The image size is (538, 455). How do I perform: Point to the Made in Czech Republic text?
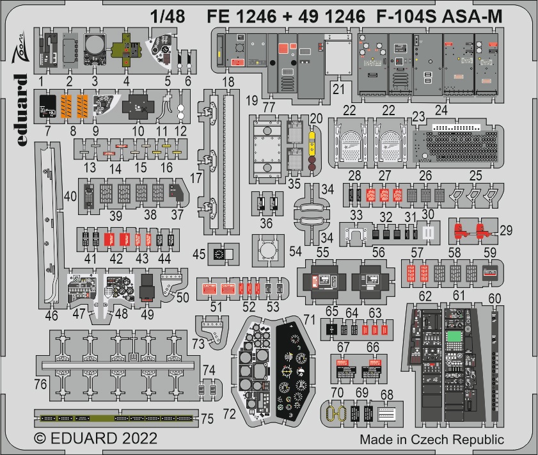(x=431, y=440)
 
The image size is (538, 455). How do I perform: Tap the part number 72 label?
(x=230, y=413)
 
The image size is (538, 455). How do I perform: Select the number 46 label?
(x=52, y=315)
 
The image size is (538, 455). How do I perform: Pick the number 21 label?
(x=338, y=88)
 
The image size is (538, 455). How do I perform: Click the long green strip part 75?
(x=115, y=418)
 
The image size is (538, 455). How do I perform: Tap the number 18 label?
(x=228, y=82)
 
